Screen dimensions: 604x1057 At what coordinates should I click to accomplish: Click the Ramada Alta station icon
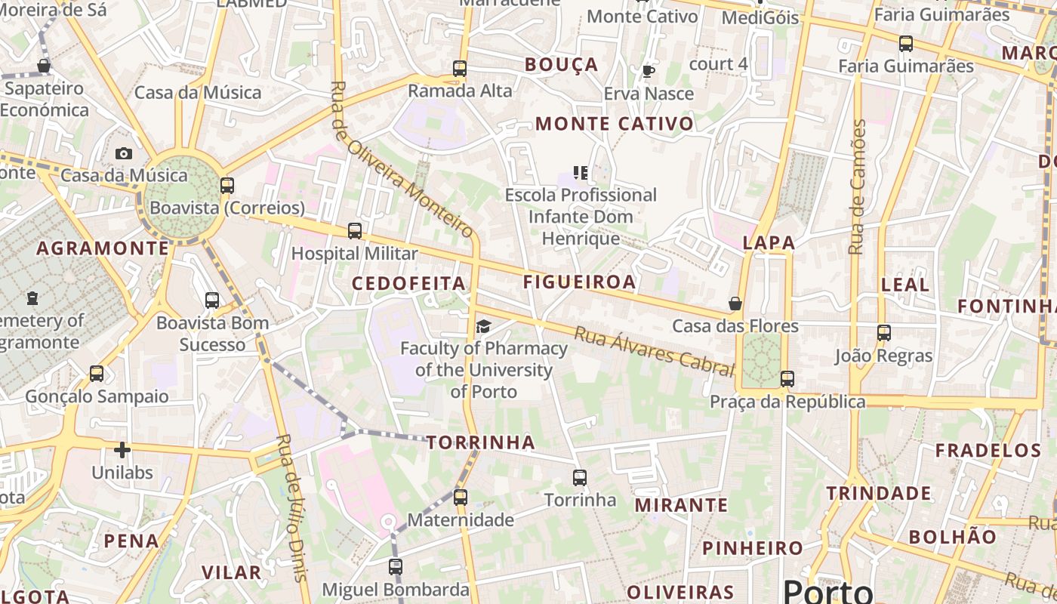pos(460,69)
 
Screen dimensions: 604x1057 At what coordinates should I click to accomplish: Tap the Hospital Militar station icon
pos(355,231)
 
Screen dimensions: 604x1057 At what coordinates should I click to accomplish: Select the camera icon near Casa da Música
pos(124,153)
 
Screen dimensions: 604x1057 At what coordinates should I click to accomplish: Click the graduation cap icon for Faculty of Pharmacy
pos(483,326)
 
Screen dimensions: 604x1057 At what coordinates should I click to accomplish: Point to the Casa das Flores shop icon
pos(735,304)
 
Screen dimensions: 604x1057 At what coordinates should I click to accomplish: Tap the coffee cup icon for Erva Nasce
pos(648,72)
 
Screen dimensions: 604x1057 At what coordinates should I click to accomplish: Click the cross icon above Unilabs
pos(122,451)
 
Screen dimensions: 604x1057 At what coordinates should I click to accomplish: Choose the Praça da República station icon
pos(787,379)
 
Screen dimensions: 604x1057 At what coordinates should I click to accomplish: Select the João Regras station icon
pos(884,332)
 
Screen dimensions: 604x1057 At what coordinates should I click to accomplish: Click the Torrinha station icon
pos(580,478)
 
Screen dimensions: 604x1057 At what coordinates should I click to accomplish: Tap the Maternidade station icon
pos(461,498)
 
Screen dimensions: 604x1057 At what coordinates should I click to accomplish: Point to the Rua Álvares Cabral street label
pos(654,351)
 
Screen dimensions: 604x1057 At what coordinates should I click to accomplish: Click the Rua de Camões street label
pos(857,187)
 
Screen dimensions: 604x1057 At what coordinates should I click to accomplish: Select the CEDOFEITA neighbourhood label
pos(408,284)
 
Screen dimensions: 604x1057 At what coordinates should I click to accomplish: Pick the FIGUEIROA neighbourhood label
pos(579,282)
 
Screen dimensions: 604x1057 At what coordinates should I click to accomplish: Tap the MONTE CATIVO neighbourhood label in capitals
pos(614,124)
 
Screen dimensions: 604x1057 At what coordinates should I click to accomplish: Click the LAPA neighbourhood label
pos(769,243)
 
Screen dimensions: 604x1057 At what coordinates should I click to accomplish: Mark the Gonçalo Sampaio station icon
pos(97,374)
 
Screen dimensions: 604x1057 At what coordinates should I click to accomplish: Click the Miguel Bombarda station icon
pos(396,567)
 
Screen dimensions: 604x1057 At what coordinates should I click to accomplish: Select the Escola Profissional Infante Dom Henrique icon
pos(580,173)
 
